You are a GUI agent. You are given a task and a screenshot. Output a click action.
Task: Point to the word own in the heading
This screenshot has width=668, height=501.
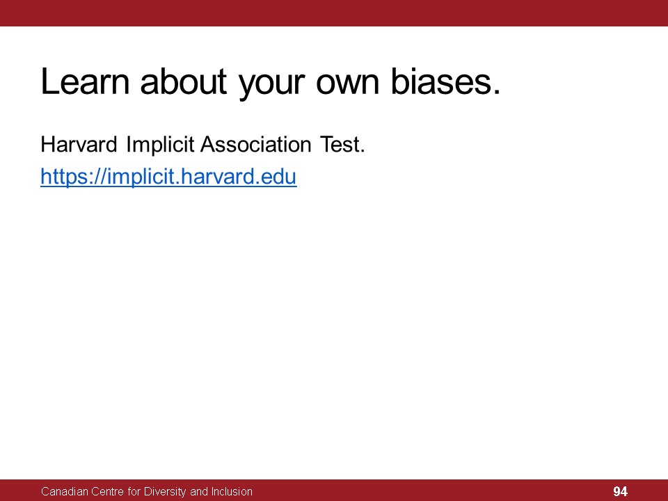pyautogui.click(x=348, y=84)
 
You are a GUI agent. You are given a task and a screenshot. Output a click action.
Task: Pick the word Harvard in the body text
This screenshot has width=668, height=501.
pyautogui.click(x=79, y=145)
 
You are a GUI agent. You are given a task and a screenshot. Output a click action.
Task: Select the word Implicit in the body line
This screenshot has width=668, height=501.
pyautogui.click(x=160, y=145)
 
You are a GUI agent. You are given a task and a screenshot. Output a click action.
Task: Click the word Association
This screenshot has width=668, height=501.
pyautogui.click(x=256, y=145)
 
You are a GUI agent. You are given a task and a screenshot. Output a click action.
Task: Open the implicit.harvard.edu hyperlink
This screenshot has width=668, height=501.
pyautogui.click(x=168, y=177)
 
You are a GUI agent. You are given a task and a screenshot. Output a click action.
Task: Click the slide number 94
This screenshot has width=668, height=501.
pyautogui.click(x=620, y=492)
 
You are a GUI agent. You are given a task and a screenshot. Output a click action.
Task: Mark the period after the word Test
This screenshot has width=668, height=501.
pyautogui.click(x=363, y=151)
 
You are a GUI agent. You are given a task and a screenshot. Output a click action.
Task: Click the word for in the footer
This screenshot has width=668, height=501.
pyautogui.click(x=134, y=492)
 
